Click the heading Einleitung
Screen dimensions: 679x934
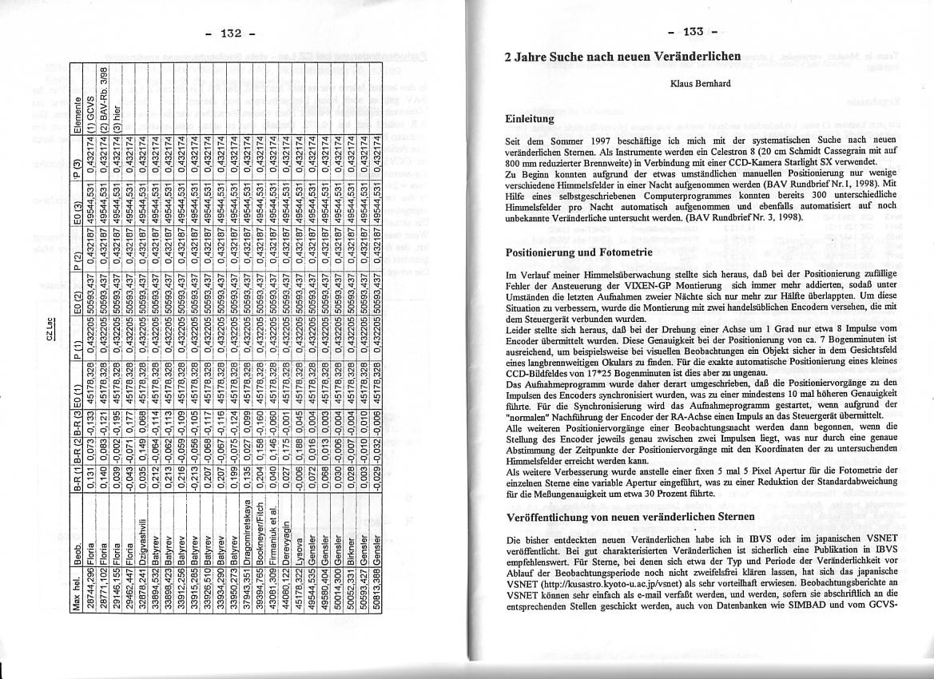[x=534, y=118]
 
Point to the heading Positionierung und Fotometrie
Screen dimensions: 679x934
[x=580, y=252]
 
